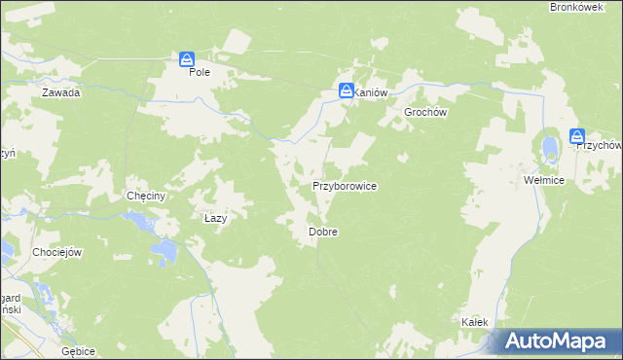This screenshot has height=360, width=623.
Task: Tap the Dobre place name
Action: [x=322, y=233]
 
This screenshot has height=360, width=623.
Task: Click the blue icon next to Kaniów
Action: [x=347, y=90]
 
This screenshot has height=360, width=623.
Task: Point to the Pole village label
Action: [x=200, y=72]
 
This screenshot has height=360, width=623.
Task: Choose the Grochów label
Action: [x=425, y=112]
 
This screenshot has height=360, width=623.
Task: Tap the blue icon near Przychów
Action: [x=577, y=136]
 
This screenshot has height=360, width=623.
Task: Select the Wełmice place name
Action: [x=543, y=181]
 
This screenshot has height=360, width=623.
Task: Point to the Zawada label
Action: [x=60, y=93]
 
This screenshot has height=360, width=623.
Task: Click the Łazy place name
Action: [x=215, y=219]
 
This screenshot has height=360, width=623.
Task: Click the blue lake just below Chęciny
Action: [x=145, y=223]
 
